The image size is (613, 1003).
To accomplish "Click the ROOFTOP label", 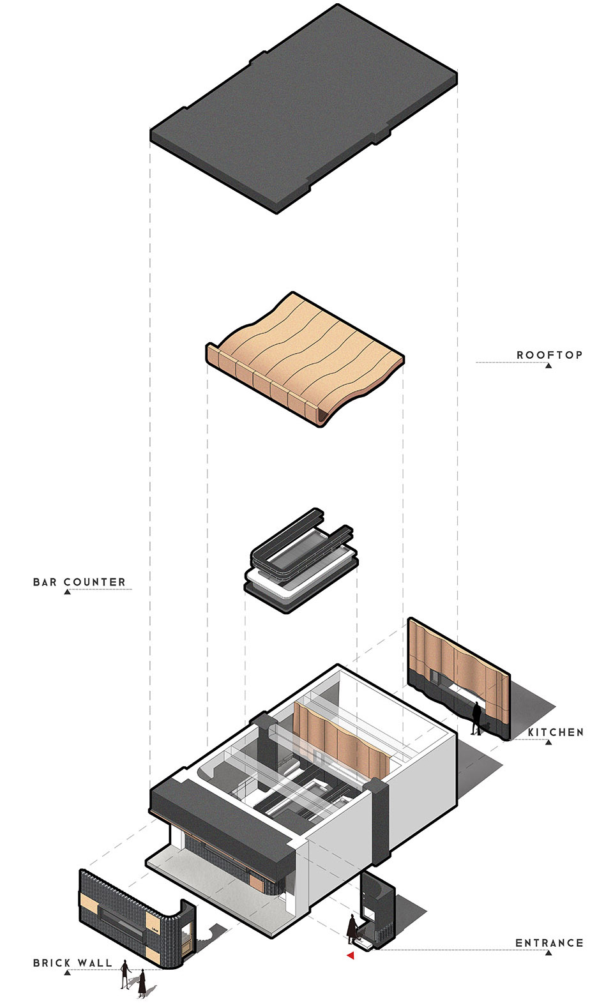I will point(549,354).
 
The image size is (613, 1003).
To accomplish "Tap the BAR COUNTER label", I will point(79,582).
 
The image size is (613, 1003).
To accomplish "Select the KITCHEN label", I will point(556,732).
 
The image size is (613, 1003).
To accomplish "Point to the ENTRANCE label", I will point(549,942).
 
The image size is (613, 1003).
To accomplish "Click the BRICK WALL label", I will point(72,963).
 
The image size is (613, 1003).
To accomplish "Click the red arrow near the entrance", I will point(350,955).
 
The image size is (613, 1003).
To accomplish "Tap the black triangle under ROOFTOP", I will point(549,366).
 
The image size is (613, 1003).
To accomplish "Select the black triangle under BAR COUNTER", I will point(67,592).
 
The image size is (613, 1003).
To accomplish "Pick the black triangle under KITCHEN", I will point(549,743).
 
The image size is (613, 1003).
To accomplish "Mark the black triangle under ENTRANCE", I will point(549,953).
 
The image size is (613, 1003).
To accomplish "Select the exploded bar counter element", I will point(300,562).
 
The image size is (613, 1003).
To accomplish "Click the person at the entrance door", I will point(352,930).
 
